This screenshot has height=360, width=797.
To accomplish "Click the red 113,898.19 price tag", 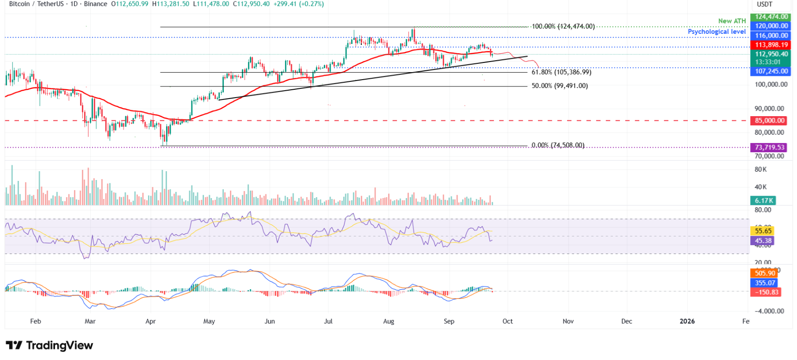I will (x=770, y=45).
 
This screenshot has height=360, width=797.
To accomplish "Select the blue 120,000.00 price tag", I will (x=770, y=26).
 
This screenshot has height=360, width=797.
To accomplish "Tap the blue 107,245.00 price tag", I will (x=770, y=71).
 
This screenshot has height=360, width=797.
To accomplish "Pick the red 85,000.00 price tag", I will (x=770, y=121).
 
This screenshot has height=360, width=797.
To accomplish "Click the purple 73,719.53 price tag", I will (x=770, y=148).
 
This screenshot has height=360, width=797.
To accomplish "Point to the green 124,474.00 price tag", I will (x=770, y=17).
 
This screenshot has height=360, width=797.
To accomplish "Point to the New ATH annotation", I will (x=732, y=21).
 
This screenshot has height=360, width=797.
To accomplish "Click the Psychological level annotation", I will (x=717, y=31).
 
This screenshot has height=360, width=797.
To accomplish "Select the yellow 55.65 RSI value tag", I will (x=763, y=231).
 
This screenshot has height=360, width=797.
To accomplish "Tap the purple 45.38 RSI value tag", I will (x=763, y=241).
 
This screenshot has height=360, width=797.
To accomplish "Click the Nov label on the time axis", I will (x=568, y=321).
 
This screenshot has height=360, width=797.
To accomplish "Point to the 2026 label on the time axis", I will (x=687, y=321).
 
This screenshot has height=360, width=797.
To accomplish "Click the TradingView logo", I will (x=49, y=346).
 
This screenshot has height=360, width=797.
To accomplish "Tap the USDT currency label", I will (x=764, y=4).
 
